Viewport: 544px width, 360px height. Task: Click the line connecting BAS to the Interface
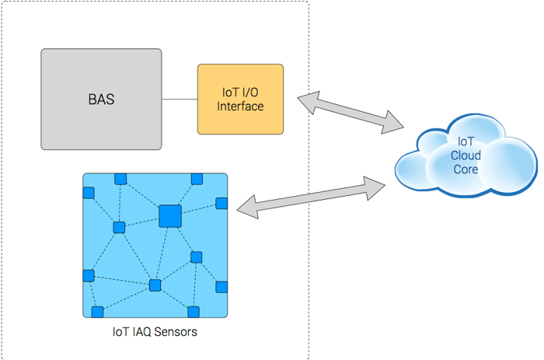[x=180, y=99]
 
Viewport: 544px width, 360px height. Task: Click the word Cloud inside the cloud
[x=466, y=156]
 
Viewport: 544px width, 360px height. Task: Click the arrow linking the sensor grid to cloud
[x=311, y=196]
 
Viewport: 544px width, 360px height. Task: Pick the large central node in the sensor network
[x=169, y=215]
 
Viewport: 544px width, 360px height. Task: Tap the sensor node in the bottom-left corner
[x=97, y=312]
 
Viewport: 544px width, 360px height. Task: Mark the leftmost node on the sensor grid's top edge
[x=120, y=179]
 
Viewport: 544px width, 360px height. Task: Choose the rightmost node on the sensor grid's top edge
[x=197, y=180]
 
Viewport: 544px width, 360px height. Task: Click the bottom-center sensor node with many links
[x=155, y=285]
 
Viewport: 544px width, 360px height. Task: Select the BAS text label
[x=101, y=100]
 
